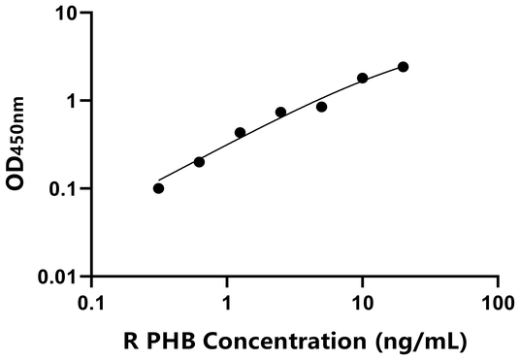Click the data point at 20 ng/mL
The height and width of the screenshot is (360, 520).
(403, 67)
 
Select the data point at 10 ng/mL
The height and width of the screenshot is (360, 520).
(362, 78)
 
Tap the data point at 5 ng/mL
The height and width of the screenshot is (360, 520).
(321, 107)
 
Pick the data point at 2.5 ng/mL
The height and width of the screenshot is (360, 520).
(280, 113)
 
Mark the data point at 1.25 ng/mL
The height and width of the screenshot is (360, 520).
(240, 132)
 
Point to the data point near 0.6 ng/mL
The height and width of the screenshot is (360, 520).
(199, 162)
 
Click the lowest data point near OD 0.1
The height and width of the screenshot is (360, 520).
(158, 188)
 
